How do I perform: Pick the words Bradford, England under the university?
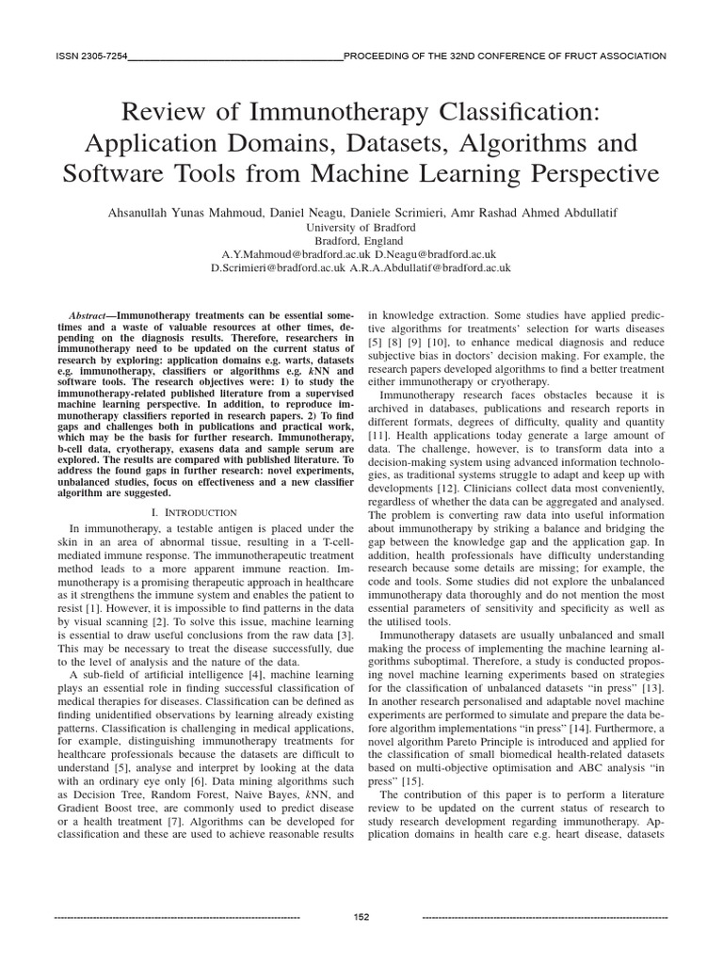click(x=361, y=241)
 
